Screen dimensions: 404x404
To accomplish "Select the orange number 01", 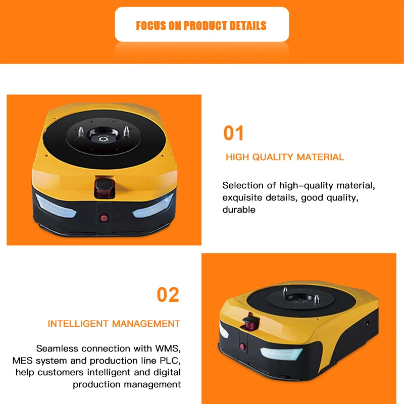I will (x=233, y=133).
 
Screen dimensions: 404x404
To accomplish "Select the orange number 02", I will (x=168, y=294).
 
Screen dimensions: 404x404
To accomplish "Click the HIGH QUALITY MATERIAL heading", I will (x=285, y=157).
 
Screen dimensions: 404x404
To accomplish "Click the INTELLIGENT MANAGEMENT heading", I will (x=114, y=324).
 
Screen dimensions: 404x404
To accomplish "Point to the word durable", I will (x=239, y=210).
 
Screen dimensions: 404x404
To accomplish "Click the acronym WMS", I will (x=167, y=348).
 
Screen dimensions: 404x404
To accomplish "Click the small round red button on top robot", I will (x=105, y=218).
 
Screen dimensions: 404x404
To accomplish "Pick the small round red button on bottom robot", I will (x=242, y=346).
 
